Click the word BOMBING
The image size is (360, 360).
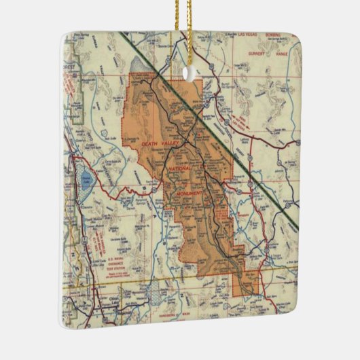click(x=284, y=34)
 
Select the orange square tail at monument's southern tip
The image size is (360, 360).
click(x=247, y=284)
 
